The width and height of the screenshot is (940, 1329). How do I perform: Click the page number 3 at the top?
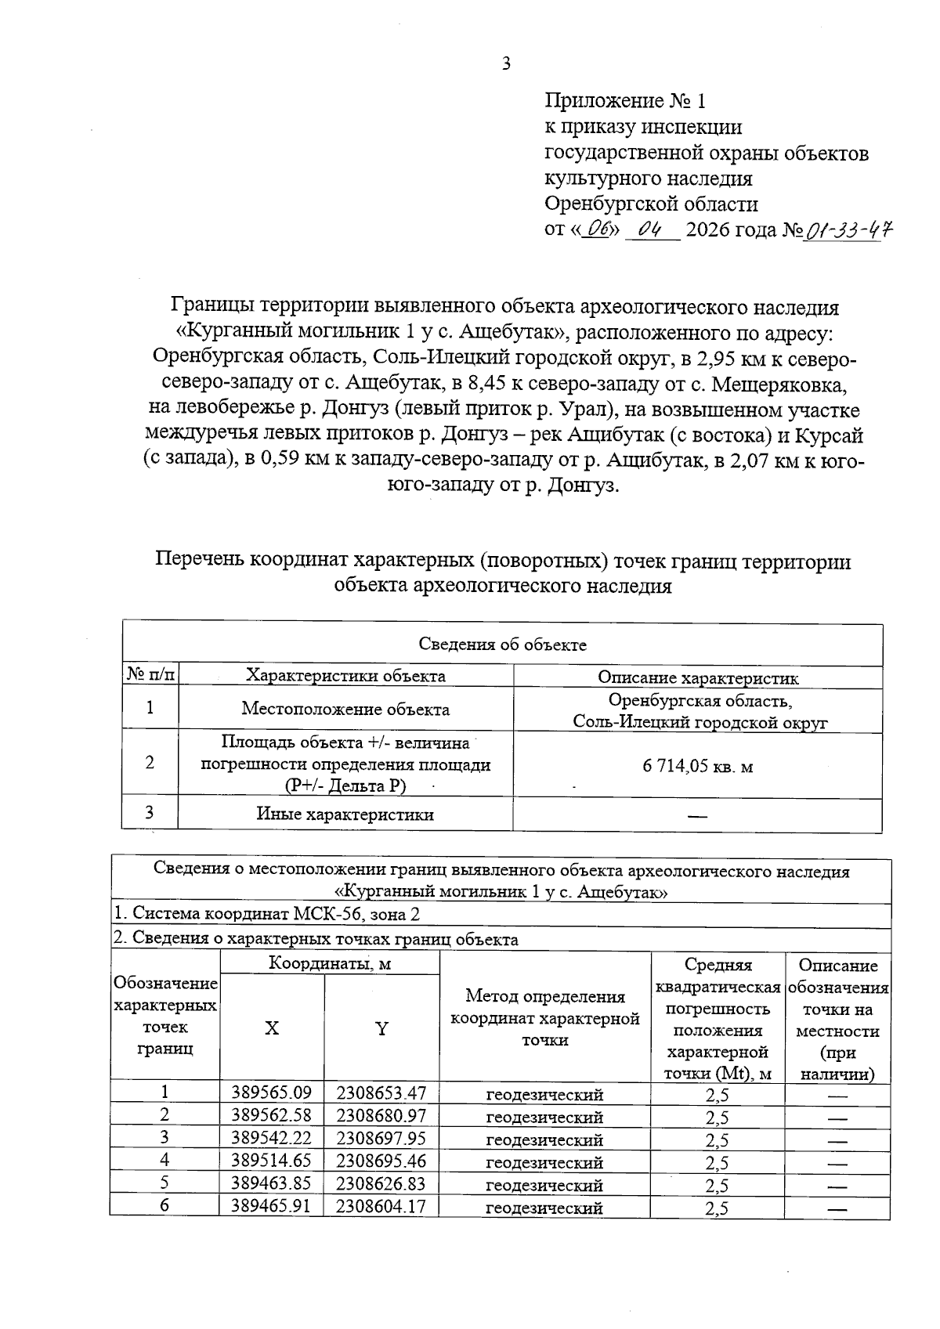point(506,64)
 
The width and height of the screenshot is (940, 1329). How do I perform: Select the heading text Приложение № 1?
point(625,101)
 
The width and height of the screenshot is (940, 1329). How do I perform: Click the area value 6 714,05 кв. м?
point(697,766)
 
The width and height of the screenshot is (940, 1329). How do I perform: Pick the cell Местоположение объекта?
point(345,710)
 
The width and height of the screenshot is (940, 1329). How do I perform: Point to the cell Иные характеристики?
point(345,814)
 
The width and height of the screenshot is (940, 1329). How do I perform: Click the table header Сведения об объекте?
point(502,645)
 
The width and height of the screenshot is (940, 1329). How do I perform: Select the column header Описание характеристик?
point(697,678)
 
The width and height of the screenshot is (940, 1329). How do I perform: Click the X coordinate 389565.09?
point(271,1092)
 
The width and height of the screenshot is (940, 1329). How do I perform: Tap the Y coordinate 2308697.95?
point(381,1138)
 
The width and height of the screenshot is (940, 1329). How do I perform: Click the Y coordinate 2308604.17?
point(381,1206)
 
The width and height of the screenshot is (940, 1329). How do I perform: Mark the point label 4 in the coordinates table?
point(164,1161)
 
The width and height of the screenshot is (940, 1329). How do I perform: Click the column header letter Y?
point(381,1029)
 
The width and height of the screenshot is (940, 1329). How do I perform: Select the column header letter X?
point(271,1029)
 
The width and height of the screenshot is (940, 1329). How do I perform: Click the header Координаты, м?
point(330,963)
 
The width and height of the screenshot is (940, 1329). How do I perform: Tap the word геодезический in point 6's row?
point(544,1208)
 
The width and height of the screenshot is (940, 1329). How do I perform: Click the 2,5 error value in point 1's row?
point(717,1094)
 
